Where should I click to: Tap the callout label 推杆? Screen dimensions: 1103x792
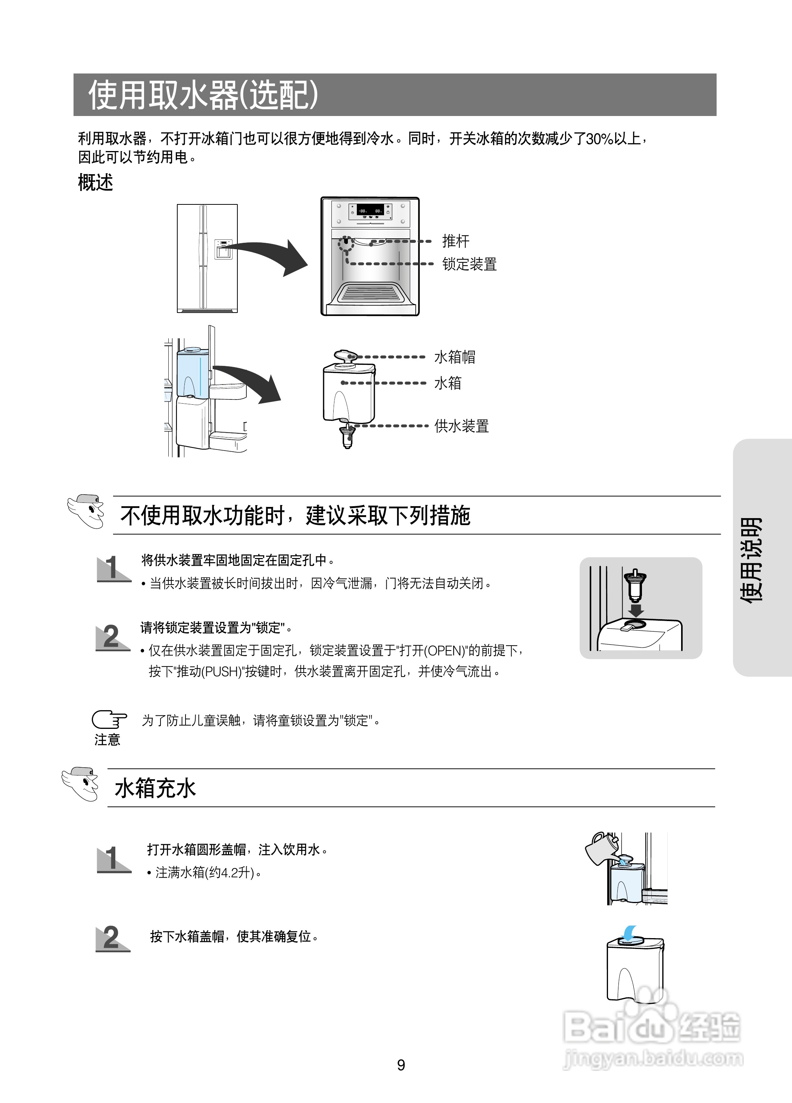coord(455,241)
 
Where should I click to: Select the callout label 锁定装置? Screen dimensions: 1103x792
coord(469,264)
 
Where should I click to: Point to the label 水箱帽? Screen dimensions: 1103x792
coord(454,357)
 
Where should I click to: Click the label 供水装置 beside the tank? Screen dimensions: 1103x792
coord(461,426)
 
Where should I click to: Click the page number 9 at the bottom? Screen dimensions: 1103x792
coord(401,1065)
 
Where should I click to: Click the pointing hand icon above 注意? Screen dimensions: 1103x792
coord(109,719)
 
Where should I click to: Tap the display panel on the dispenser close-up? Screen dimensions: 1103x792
coord(370,211)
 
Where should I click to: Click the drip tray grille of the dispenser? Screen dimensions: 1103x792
coord(370,293)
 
